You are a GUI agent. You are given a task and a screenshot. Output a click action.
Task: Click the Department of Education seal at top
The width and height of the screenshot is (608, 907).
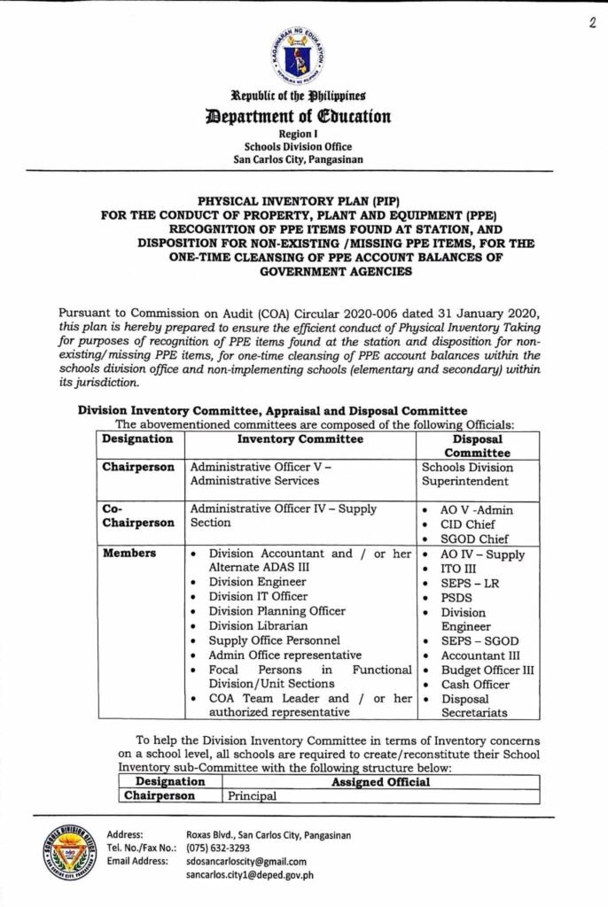[x=304, y=56]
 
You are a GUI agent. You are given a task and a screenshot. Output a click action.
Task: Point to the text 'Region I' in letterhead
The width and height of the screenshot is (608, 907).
[x=304, y=134]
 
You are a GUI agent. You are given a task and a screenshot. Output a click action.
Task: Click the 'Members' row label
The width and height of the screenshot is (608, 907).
[x=129, y=554]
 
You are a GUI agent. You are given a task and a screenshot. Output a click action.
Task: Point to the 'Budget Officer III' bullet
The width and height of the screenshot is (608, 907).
[x=487, y=670]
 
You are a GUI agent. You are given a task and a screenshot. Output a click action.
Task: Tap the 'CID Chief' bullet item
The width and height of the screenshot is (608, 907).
[x=466, y=524]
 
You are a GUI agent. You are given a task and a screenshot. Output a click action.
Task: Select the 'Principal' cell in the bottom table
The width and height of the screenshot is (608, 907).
[x=253, y=795]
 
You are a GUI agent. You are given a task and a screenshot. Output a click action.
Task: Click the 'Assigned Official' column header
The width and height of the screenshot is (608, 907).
[x=380, y=781]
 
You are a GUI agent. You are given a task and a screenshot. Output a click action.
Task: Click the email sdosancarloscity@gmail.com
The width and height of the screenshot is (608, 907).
[x=246, y=861]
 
